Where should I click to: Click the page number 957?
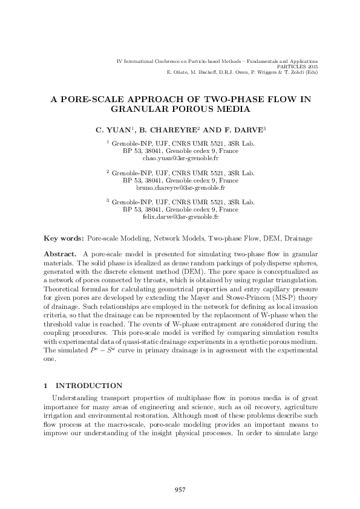[179, 489]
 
